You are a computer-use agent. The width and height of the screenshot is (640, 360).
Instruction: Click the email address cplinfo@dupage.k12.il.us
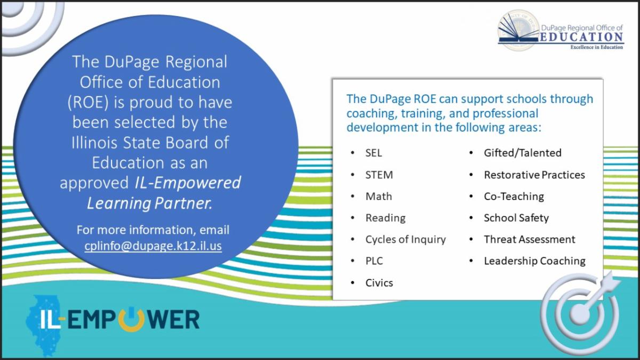pyautogui.click(x=153, y=246)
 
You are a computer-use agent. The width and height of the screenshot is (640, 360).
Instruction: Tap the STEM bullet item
pyautogui.click(x=379, y=174)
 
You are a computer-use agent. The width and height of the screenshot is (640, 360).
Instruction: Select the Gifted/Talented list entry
pyautogui.click(x=523, y=153)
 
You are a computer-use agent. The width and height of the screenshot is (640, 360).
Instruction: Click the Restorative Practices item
pyautogui.click(x=534, y=174)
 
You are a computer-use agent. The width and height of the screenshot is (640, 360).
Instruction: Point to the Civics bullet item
pyautogui.click(x=379, y=283)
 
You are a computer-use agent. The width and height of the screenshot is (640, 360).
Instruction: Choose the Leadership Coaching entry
pyautogui.click(x=534, y=261)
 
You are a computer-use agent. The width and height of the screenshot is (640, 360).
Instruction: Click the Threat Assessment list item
pyautogui.click(x=530, y=239)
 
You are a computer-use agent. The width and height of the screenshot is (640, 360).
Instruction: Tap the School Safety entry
pyautogui.click(x=516, y=218)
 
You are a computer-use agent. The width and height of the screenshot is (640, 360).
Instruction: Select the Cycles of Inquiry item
pyautogui.click(x=405, y=239)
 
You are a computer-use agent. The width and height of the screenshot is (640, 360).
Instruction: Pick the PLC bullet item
pyautogui.click(x=374, y=261)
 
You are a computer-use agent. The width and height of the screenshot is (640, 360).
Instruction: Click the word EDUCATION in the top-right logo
pyautogui.click(x=581, y=37)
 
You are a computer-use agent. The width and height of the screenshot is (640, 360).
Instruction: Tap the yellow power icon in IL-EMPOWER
pyautogui.click(x=131, y=319)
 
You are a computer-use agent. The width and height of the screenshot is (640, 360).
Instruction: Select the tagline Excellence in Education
pyautogui.click(x=597, y=47)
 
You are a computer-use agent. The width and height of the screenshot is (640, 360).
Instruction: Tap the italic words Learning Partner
pyautogui.click(x=149, y=203)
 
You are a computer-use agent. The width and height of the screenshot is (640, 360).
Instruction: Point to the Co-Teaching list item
pyautogui.click(x=514, y=196)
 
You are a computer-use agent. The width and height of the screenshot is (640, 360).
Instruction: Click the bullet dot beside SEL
pyautogui.click(x=353, y=153)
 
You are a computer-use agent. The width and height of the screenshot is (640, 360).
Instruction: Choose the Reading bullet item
pyautogui.click(x=386, y=218)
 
